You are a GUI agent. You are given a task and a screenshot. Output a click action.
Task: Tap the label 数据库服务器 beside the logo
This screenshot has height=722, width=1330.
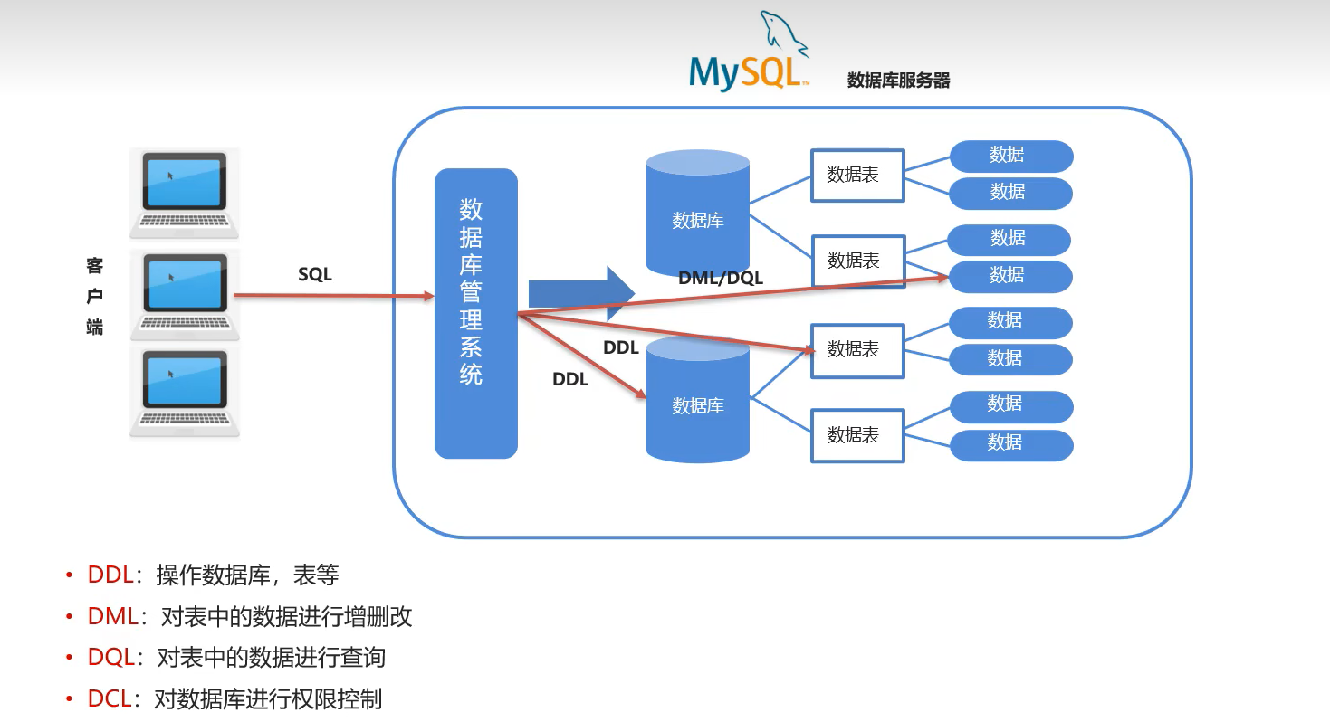(898, 81)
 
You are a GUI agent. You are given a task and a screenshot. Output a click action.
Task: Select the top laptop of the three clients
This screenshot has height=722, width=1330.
(185, 191)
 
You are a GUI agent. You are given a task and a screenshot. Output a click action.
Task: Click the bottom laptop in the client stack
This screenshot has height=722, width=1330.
(185, 391)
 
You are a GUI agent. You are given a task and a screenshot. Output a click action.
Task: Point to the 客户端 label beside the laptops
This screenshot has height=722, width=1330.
(94, 296)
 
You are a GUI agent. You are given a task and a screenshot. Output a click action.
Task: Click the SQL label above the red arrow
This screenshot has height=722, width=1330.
(315, 275)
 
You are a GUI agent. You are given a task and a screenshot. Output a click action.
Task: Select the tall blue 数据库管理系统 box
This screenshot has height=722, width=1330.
(475, 313)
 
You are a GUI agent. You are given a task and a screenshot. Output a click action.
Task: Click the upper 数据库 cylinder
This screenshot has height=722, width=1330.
(697, 214)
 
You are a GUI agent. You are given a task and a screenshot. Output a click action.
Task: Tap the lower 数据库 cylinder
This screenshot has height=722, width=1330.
(697, 400)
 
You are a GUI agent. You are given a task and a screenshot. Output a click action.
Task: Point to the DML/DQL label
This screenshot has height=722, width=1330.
(721, 279)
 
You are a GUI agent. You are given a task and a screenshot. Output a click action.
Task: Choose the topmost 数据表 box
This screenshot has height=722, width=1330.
(857, 175)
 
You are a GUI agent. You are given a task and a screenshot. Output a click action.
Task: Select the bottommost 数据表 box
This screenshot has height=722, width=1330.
(857, 435)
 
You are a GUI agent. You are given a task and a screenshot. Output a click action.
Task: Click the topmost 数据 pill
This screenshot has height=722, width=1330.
(1010, 156)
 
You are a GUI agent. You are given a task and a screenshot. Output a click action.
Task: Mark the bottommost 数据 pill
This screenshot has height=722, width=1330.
(1010, 443)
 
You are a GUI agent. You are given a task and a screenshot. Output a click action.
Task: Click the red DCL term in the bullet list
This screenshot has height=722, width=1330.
(110, 699)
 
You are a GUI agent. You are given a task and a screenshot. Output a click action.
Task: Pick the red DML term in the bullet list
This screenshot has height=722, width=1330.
(112, 617)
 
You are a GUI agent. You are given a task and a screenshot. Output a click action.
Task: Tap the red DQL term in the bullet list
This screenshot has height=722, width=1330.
(110, 658)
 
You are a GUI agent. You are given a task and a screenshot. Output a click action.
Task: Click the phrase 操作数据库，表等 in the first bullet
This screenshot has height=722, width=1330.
(247, 575)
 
